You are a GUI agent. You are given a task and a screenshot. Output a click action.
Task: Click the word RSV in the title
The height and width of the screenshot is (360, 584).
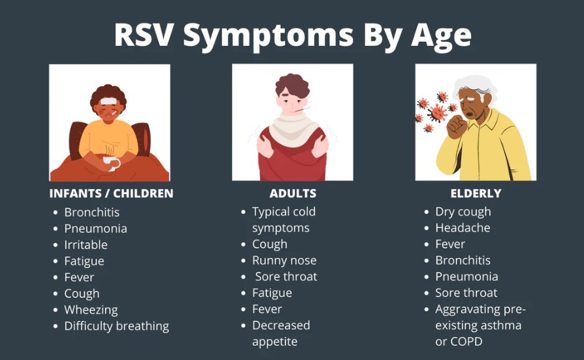[144, 35]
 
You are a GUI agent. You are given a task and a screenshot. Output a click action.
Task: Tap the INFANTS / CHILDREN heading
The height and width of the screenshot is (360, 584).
[111, 193]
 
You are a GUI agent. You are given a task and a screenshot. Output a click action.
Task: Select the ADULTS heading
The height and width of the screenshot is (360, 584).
[293, 193]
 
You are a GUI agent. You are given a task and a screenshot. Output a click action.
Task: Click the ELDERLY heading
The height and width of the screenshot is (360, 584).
[476, 193]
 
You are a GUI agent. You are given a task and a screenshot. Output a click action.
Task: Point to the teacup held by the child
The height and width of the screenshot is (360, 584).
[110, 163]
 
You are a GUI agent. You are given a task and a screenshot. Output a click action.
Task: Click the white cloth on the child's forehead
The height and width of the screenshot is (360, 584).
[108, 101]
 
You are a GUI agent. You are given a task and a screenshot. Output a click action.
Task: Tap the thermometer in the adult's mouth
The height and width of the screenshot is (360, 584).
[302, 109]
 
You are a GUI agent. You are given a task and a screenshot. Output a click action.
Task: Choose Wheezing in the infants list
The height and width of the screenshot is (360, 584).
[91, 310]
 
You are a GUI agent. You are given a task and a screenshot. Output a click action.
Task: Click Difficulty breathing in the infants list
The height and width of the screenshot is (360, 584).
[116, 326]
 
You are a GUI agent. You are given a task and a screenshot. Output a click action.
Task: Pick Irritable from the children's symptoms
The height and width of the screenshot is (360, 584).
[86, 245]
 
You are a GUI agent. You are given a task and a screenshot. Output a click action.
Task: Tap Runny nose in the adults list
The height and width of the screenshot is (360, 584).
[284, 261]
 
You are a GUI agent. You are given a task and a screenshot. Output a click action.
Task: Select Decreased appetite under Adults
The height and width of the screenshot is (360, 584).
[281, 334]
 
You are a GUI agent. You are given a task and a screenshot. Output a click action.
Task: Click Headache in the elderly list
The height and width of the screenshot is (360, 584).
[462, 228]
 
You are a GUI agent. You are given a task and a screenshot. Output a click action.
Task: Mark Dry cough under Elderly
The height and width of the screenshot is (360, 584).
[463, 212]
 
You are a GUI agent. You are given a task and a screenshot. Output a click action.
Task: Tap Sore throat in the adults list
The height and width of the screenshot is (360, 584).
[286, 276]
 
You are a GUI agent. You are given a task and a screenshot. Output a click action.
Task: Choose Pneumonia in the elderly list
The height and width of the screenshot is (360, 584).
[466, 276]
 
